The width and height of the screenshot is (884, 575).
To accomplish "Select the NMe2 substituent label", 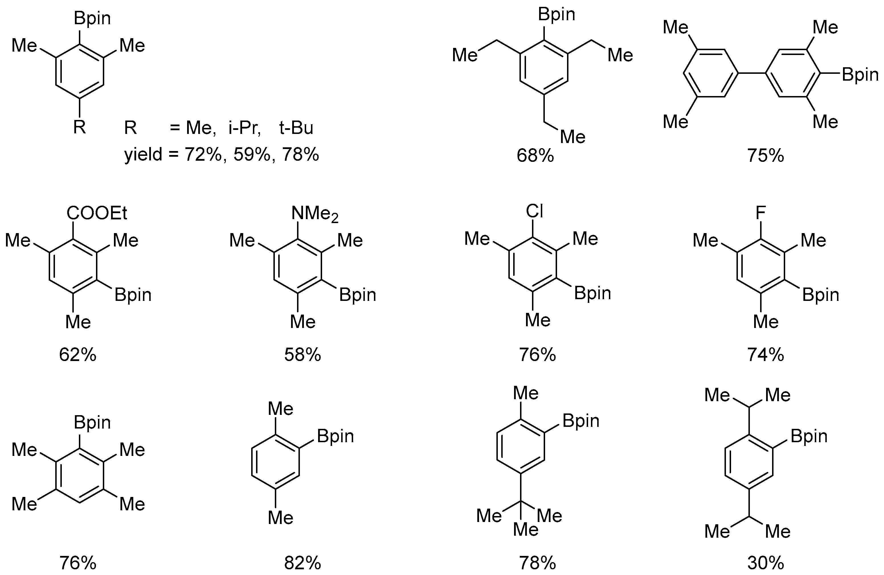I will tap(315, 214).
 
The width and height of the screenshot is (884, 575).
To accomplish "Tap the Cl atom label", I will tap(535, 211).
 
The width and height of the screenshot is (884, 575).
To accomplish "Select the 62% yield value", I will tap(78, 355).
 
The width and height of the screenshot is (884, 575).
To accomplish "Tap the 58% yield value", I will tap(303, 355).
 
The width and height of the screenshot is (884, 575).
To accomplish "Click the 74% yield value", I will tap(766, 355).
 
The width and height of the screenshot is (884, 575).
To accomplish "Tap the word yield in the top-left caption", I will tap(143, 154).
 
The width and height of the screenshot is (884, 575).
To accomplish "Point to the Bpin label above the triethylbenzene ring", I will tap(556, 15).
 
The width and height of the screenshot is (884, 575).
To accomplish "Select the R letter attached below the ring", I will tap(79, 127).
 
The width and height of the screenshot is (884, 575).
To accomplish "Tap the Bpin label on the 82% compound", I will tap(335, 436).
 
